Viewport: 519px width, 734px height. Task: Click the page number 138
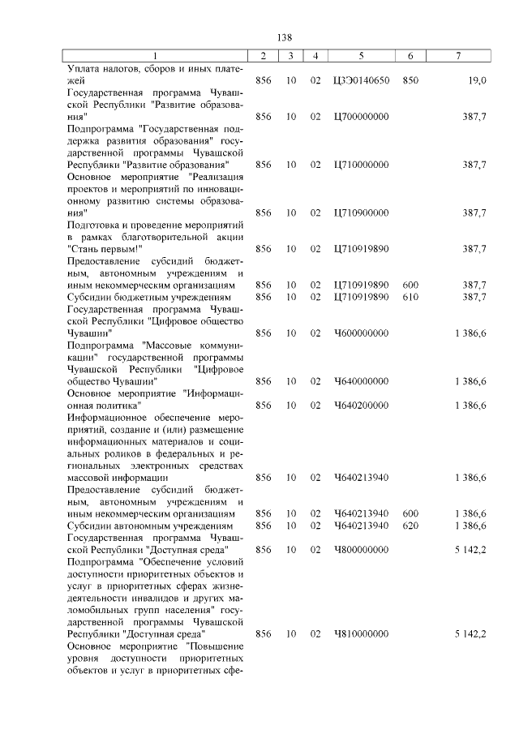click(284, 37)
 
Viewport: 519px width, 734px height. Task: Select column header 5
click(361, 55)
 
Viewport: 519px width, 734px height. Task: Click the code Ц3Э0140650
click(361, 81)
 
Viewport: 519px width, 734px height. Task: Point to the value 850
click(410, 81)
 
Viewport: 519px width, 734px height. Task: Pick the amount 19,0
click(476, 81)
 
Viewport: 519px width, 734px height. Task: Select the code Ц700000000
click(361, 117)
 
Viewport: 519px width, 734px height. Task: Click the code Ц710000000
click(361, 165)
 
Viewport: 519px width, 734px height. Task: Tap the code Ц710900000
click(361, 212)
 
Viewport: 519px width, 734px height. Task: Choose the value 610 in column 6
click(410, 297)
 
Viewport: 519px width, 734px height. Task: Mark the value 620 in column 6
click(410, 526)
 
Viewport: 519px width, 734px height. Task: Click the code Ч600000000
click(361, 333)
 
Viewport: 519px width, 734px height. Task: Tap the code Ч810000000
click(361, 633)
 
